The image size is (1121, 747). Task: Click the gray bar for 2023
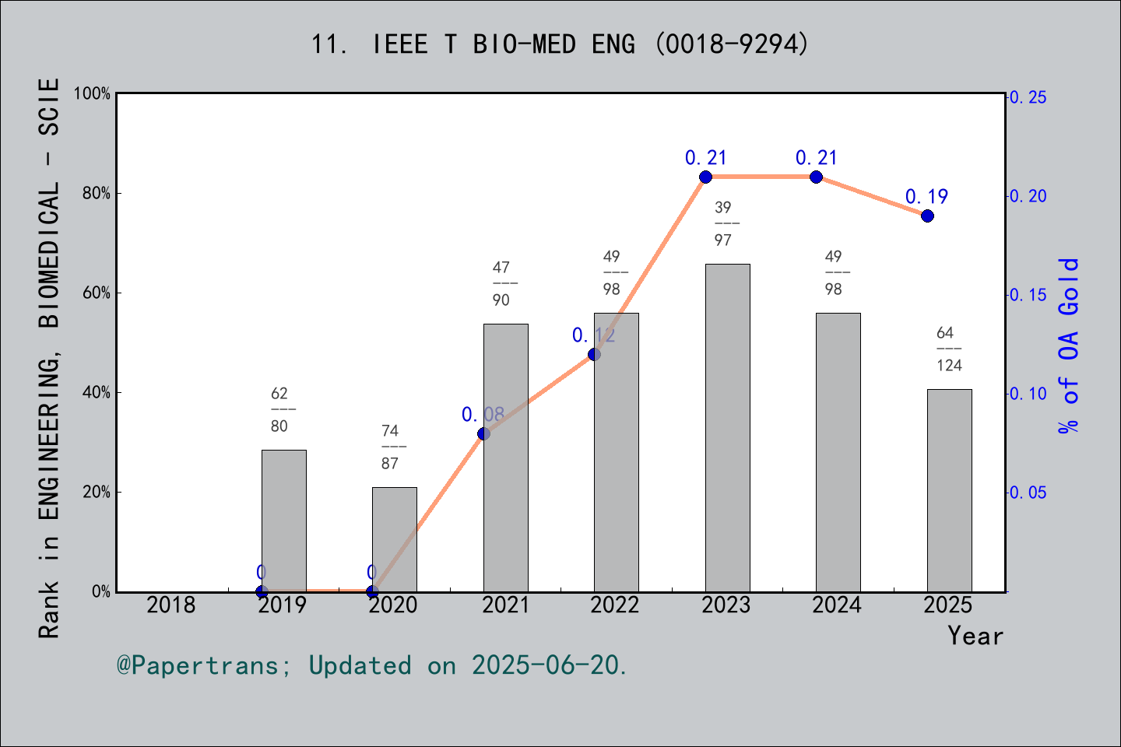pos(727,428)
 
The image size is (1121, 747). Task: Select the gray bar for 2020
pos(394,539)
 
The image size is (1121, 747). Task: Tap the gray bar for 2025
pos(949,490)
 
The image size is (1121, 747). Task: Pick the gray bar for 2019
pos(283,521)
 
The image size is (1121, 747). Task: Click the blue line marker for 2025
pos(927,216)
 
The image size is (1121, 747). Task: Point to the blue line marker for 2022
pos(594,354)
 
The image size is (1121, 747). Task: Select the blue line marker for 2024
pos(816,177)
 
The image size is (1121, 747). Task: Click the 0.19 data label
pos(926,197)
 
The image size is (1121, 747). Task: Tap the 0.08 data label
pos(483,415)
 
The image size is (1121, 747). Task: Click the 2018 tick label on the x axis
pos(171,605)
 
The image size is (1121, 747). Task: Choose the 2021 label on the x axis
pos(505,605)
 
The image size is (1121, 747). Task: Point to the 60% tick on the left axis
pos(97,293)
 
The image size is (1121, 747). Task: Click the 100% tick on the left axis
pos(93,93)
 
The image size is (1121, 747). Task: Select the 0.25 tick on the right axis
pos(1028,97)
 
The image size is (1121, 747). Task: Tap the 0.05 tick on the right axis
pos(1028,493)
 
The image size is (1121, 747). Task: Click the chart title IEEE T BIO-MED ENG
pos(560,44)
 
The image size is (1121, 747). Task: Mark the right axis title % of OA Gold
pos(1068,345)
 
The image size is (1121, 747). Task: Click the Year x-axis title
pos(975,636)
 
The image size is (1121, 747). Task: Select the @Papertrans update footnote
pos(372,665)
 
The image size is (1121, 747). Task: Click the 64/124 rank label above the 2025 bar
pos(949,349)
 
